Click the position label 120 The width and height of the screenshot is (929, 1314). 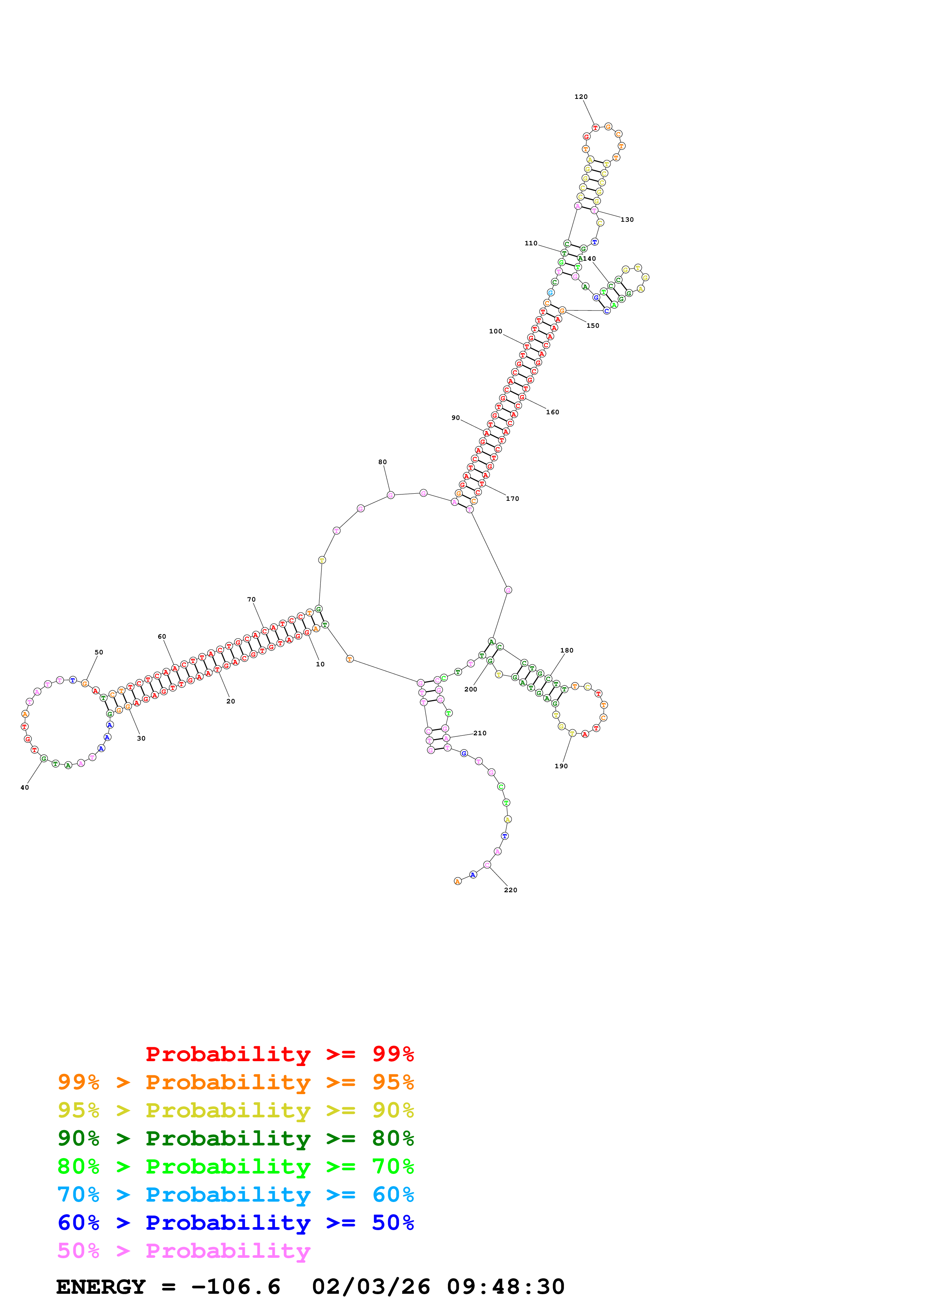pyautogui.click(x=580, y=97)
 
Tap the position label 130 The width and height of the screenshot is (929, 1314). pyautogui.click(x=627, y=220)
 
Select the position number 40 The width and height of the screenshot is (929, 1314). pyautogui.click(x=25, y=787)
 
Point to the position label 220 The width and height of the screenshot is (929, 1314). pyautogui.click(x=510, y=890)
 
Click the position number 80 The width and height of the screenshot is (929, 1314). pyautogui.click(x=382, y=462)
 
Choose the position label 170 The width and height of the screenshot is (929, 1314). pyautogui.click(x=512, y=499)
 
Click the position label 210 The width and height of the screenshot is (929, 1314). pyautogui.click(x=480, y=733)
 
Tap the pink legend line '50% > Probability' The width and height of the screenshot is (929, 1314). pyautogui.click(x=184, y=1250)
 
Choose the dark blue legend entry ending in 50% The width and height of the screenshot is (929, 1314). pyautogui.click(x=235, y=1223)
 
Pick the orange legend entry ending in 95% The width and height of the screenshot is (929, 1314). pyautogui.click(x=235, y=1082)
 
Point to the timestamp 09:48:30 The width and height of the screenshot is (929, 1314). pyautogui.click(x=506, y=1287)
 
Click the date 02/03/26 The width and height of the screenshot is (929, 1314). pyautogui.click(x=371, y=1287)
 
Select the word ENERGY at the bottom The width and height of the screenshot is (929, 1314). pyautogui.click(x=101, y=1287)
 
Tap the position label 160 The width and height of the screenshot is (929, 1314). pyautogui.click(x=552, y=412)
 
